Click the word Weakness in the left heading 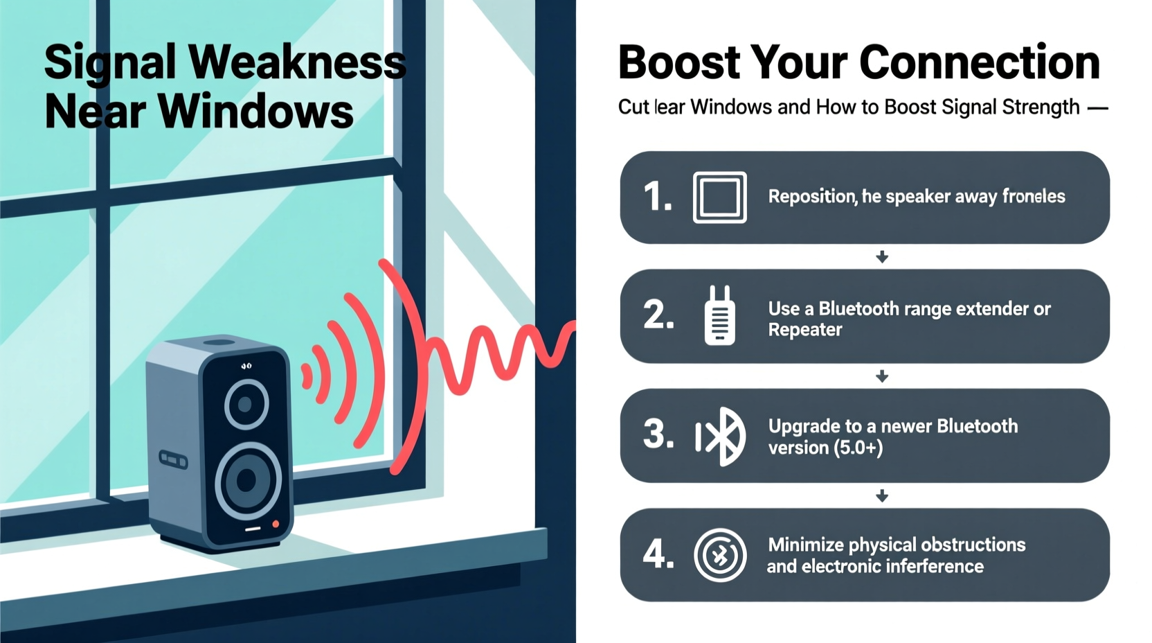click(297, 62)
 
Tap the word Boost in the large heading click(678, 62)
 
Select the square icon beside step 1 click(719, 197)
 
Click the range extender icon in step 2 click(719, 316)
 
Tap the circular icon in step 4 click(720, 555)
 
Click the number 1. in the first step click(657, 197)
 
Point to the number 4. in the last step click(658, 554)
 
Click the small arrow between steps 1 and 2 click(882, 257)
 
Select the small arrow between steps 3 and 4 click(882, 496)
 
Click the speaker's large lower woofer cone click(247, 479)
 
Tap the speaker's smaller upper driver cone click(246, 403)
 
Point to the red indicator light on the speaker click(276, 525)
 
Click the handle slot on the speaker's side click(173, 459)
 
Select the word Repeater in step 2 click(804, 330)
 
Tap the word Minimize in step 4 click(805, 545)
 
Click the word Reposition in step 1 click(812, 197)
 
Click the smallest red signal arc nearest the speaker click(307, 377)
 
